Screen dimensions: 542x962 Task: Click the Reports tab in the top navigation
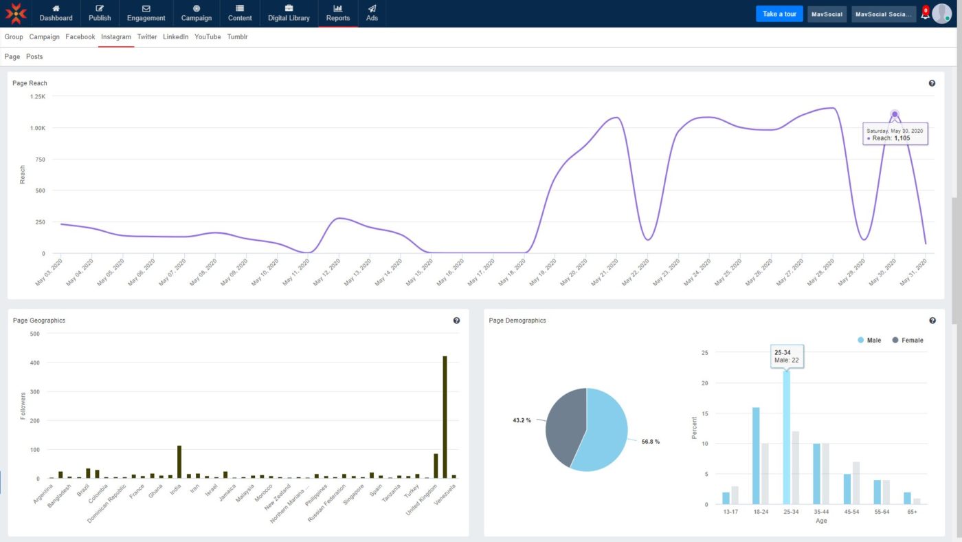click(x=337, y=13)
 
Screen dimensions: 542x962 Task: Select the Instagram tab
click(x=115, y=37)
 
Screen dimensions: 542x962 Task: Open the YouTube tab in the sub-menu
click(x=208, y=37)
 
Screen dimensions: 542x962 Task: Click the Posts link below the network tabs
click(x=34, y=56)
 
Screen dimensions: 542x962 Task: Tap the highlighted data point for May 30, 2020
click(x=895, y=115)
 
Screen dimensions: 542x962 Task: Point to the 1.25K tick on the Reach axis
click(x=38, y=96)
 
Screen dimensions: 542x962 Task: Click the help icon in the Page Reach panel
click(x=932, y=83)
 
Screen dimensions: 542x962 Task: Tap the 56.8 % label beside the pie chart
click(x=650, y=442)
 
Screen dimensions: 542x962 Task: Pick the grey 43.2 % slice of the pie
click(x=563, y=426)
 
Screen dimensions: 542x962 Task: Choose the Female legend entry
click(x=907, y=340)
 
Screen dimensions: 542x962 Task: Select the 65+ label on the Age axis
click(x=912, y=512)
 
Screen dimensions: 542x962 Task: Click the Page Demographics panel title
click(x=517, y=321)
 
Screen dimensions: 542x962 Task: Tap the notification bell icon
click(x=925, y=14)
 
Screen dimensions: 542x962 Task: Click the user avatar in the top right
click(x=942, y=14)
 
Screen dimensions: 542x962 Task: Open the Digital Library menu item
click(x=289, y=13)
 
